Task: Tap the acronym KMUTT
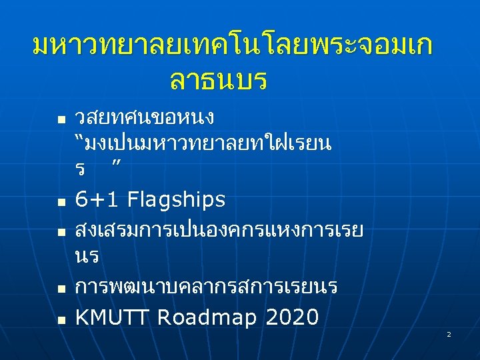(x=112, y=318)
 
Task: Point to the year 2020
(x=291, y=318)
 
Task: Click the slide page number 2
(x=449, y=333)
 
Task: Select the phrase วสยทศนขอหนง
(x=145, y=118)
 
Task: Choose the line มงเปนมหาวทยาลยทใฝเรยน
(x=211, y=144)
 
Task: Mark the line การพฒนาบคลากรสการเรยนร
(x=207, y=287)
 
